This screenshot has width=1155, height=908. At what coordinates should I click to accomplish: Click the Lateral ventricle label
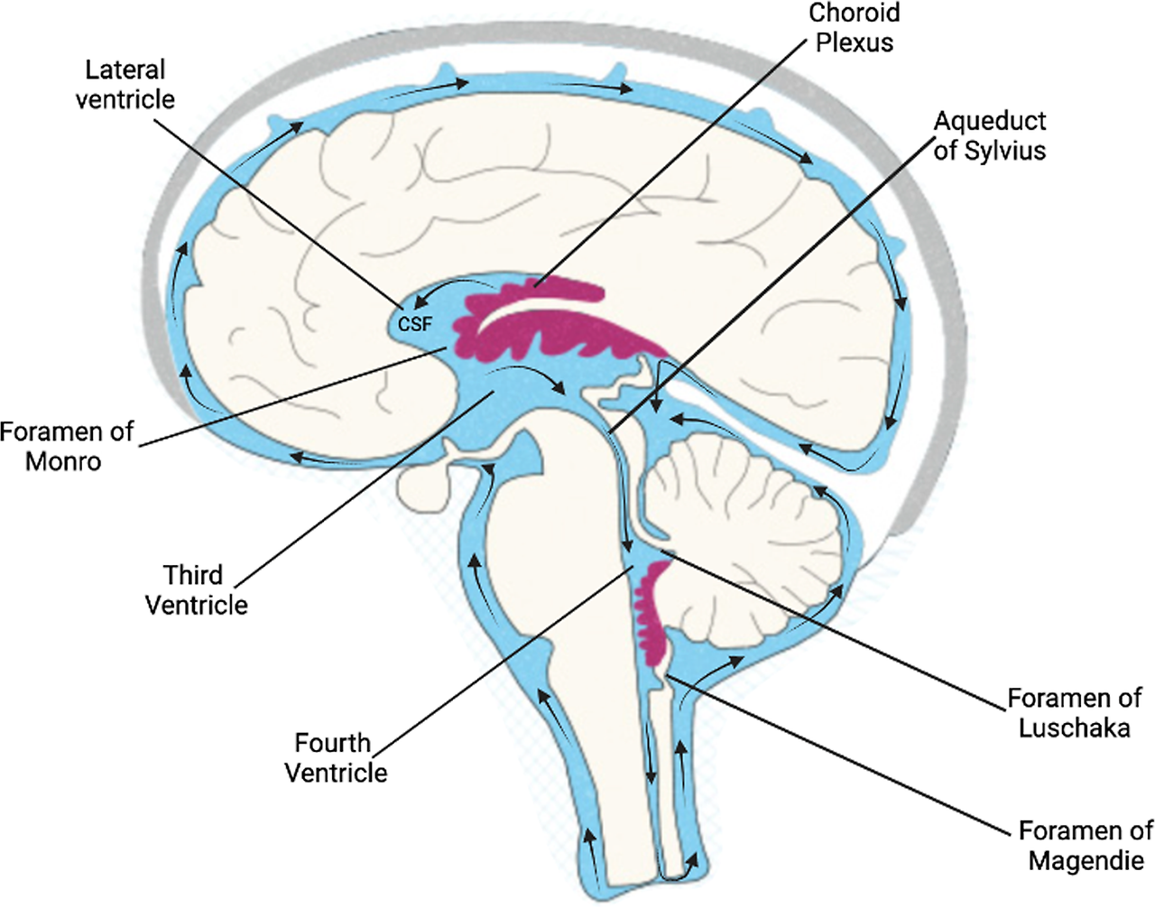125,84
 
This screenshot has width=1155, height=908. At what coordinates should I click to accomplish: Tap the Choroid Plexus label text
854,28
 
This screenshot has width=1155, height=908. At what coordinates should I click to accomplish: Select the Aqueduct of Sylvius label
989,135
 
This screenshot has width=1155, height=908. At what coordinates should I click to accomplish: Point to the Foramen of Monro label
66,446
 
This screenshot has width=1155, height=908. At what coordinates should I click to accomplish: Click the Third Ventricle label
196,589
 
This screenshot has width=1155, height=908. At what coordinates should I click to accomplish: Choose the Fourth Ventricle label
335,757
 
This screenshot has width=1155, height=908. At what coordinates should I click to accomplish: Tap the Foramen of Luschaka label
1074,712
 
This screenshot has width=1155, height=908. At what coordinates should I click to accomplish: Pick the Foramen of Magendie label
1086,845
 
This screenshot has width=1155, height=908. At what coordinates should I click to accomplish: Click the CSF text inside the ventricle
415,323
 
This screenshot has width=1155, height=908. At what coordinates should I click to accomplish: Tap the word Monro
63,461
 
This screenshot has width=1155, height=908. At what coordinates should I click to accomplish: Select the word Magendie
1086,860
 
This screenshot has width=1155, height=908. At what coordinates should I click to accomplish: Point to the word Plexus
854,42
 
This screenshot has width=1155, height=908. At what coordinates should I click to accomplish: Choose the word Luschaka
1074,727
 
